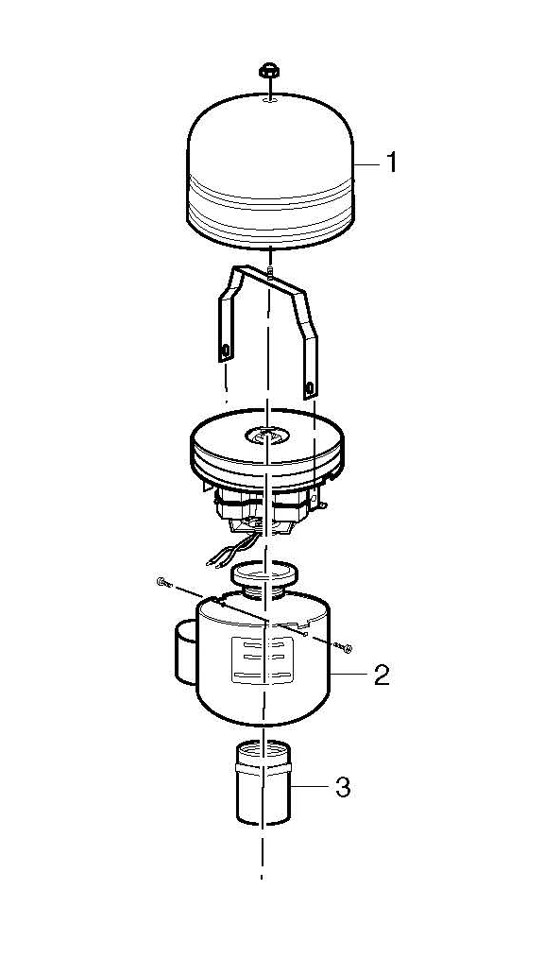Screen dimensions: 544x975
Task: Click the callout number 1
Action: coord(391,162)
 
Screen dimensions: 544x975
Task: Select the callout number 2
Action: coord(382,676)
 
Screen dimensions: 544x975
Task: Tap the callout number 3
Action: coord(343,788)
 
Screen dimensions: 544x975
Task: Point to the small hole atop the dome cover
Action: coord(268,99)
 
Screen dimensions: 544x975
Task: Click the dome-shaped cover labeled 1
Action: coord(270,171)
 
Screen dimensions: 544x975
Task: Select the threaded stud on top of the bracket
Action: coord(271,271)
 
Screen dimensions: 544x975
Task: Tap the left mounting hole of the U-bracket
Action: coord(225,351)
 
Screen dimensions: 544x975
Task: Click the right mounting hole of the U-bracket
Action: coord(309,389)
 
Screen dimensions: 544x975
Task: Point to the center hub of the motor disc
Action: coord(266,436)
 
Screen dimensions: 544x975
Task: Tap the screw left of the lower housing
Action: coord(163,583)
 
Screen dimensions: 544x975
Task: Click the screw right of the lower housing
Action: coord(343,647)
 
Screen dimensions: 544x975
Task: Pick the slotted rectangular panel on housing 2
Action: coord(262,660)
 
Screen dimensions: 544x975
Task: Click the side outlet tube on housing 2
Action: coord(185,653)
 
